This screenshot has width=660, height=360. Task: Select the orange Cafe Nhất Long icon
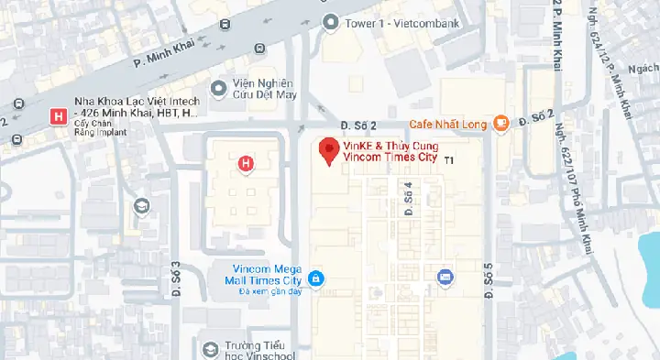pyautogui.click(x=500, y=124)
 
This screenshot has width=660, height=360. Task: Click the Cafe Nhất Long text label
pyautogui.click(x=449, y=125)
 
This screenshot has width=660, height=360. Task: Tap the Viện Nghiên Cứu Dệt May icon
pyautogui.click(x=218, y=88)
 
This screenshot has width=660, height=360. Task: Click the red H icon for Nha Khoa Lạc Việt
pyautogui.click(x=59, y=116)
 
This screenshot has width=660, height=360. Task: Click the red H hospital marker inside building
pyautogui.click(x=245, y=164)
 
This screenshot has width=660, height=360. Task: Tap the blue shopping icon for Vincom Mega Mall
pyautogui.click(x=315, y=278)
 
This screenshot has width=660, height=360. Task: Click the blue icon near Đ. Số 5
pyautogui.click(x=445, y=276)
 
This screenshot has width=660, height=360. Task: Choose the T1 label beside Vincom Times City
pyautogui.click(x=449, y=160)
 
